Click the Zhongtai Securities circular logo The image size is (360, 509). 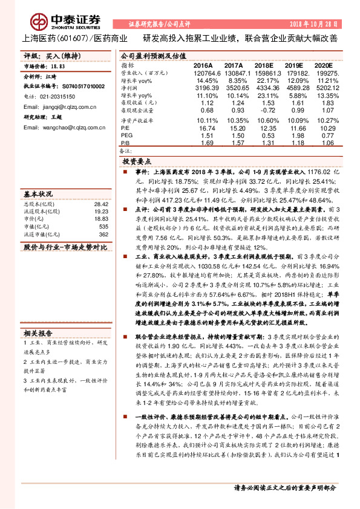41,22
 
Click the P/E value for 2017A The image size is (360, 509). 234,129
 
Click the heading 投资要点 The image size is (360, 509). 136,163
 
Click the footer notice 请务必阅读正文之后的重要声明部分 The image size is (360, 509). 284,488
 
